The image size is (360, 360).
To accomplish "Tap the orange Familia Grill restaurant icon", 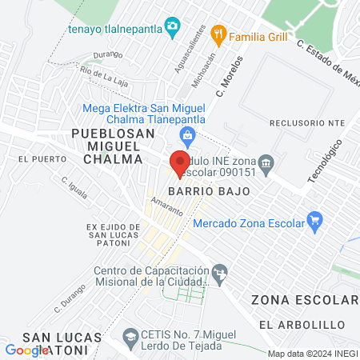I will coord(218,35).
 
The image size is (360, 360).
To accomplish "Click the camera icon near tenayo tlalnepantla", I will coord(171,26).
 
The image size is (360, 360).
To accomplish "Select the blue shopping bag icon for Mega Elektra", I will coord(187,136).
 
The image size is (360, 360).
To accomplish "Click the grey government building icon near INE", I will coord(266,163).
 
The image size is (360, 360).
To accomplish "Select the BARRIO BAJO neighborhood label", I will coord(209,192).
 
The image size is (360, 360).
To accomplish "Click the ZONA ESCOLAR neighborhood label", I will coord(305,301).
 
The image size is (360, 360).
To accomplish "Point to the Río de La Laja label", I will coord(102,72).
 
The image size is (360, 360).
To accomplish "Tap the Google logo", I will coord(26,350).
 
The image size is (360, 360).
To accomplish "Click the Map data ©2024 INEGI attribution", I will coord(312,354).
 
